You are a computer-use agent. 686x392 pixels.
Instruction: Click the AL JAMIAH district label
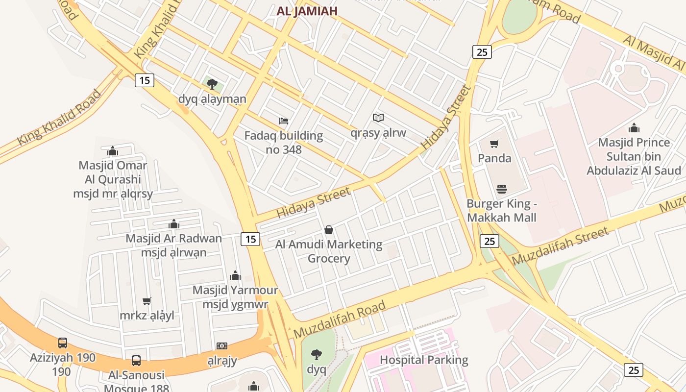point(307,11)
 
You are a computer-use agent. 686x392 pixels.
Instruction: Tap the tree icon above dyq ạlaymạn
point(212,84)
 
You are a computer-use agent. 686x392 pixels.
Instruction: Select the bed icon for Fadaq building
point(284,121)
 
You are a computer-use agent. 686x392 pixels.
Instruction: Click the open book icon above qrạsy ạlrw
point(378,118)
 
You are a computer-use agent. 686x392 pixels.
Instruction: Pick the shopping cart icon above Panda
point(494,144)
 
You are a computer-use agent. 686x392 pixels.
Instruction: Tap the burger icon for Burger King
point(501,189)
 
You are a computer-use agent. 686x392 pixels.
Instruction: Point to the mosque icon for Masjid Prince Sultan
point(634,128)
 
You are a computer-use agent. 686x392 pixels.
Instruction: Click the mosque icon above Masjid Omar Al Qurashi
point(113,151)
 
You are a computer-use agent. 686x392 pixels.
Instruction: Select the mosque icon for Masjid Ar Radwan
point(174,224)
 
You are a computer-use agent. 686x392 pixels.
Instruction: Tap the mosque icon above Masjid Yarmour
point(235,275)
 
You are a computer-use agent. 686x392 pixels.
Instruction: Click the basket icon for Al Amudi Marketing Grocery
point(329,230)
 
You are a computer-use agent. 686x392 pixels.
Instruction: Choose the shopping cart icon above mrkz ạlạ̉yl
point(147,301)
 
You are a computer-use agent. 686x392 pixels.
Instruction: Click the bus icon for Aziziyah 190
point(63,343)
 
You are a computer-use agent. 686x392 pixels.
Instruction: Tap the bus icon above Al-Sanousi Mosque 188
point(136,361)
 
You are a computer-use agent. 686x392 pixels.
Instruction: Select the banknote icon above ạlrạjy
point(222,346)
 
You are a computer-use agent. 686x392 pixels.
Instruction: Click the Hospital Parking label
point(424,360)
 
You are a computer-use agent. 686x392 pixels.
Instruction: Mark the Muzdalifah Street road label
point(560,246)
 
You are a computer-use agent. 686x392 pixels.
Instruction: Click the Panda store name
point(494,158)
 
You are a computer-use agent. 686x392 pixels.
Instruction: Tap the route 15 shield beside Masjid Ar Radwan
point(250,239)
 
